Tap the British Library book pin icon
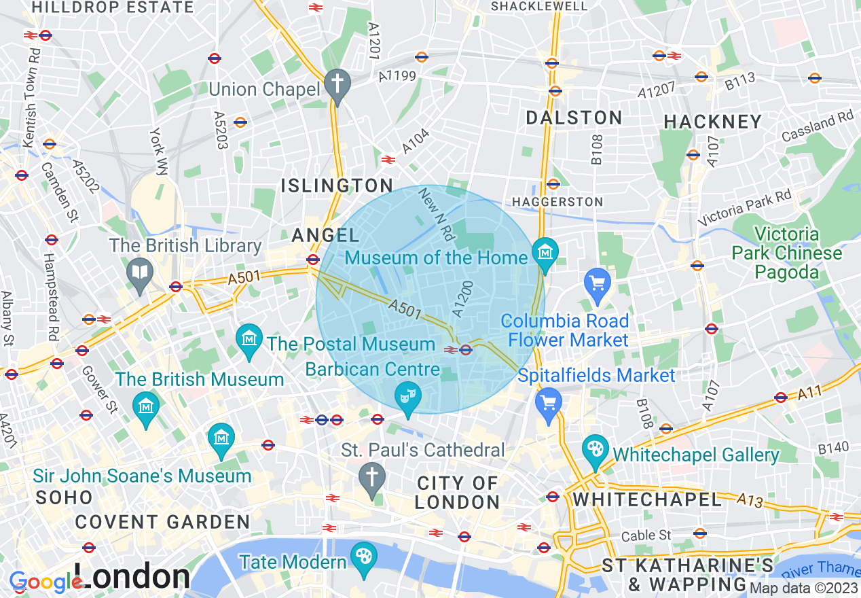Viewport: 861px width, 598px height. pos(140,273)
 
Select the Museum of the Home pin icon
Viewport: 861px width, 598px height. pos(545,252)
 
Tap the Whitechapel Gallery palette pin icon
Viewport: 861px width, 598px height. pos(596,451)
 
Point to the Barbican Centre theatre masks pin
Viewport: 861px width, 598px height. pos(408,397)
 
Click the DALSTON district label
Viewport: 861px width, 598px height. pos(574,118)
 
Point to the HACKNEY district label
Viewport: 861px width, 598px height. pos(713,122)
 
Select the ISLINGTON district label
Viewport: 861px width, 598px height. pos(337,186)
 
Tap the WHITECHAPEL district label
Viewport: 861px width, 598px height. pos(647,500)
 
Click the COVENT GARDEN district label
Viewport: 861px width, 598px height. pos(162,523)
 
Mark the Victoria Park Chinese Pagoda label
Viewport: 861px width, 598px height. pos(786,253)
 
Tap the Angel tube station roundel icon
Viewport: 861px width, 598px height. pos(313,259)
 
